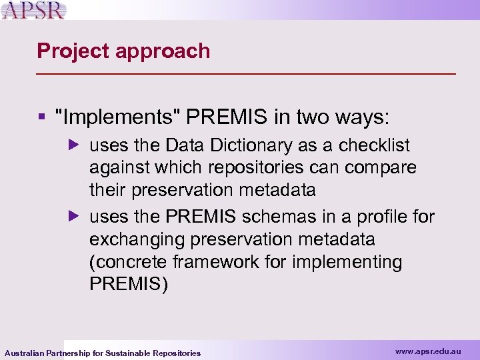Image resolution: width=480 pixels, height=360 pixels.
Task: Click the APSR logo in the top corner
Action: (x=33, y=11)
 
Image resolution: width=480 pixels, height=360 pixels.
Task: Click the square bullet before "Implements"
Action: (x=41, y=118)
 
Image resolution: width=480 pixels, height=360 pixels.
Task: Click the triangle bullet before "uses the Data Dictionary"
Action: (x=75, y=145)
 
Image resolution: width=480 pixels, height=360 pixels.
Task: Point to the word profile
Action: (x=384, y=217)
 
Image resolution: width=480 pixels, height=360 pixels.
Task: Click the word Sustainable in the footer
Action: (x=128, y=353)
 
